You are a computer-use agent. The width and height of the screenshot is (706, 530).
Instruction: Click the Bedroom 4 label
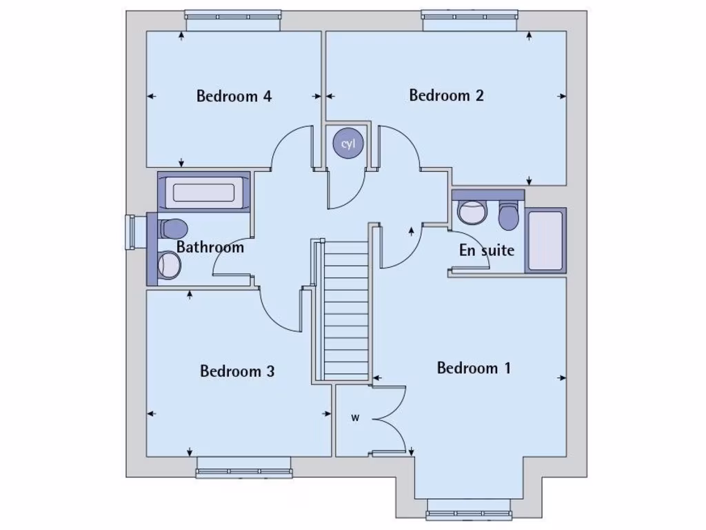pyautogui.click(x=234, y=96)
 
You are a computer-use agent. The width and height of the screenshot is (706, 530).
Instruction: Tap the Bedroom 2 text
pyautogui.click(x=446, y=95)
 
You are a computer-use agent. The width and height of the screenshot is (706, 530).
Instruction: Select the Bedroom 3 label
pyautogui.click(x=237, y=371)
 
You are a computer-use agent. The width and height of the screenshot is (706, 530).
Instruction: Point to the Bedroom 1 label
pyautogui.click(x=474, y=368)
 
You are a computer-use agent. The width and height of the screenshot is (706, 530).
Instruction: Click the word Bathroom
pyautogui.click(x=210, y=247)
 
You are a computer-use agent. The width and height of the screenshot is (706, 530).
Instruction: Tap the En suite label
pyautogui.click(x=487, y=250)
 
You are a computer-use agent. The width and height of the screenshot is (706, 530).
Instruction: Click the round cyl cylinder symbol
pyautogui.click(x=348, y=144)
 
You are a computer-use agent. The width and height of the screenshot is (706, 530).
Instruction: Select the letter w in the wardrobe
pyautogui.click(x=356, y=417)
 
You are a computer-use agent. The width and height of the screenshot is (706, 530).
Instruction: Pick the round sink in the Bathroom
pyautogui.click(x=169, y=264)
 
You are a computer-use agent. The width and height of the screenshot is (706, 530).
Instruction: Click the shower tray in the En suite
pyautogui.click(x=545, y=239)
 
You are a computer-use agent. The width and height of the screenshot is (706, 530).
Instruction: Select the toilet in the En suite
pyautogui.click(x=509, y=216)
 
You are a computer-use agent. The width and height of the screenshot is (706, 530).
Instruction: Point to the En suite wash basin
pyautogui.click(x=472, y=213)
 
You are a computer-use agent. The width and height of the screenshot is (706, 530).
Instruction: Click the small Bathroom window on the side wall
pyautogui.click(x=130, y=232)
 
